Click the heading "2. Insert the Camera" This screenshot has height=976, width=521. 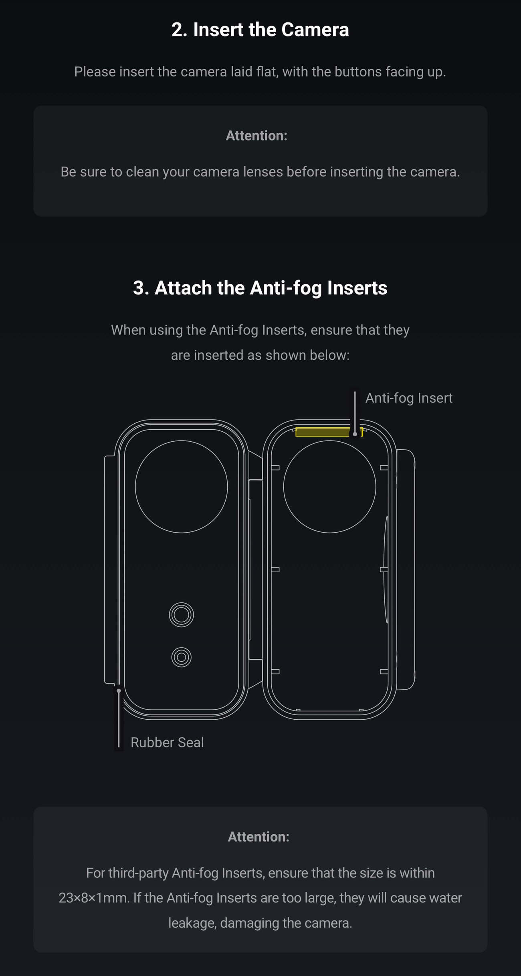pyautogui.click(x=260, y=30)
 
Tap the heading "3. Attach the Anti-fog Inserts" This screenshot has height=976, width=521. pyautogui.click(x=260, y=288)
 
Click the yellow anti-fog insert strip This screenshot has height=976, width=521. pyautogui.click(x=323, y=432)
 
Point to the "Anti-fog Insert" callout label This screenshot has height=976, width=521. pyautogui.click(x=408, y=398)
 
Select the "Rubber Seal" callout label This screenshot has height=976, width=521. pyautogui.click(x=167, y=743)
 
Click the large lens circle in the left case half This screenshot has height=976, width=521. pyautogui.click(x=181, y=487)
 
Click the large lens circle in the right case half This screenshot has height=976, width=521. pyautogui.click(x=329, y=487)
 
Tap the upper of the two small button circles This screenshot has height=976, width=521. pyautogui.click(x=181, y=614)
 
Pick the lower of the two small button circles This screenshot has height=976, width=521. pyautogui.click(x=181, y=657)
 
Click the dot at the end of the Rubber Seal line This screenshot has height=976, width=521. pyautogui.click(x=119, y=691)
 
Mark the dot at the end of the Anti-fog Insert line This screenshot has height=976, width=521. pyautogui.click(x=355, y=434)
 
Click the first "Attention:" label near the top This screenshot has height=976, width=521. pyautogui.click(x=256, y=136)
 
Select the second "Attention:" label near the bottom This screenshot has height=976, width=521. pyautogui.click(x=258, y=837)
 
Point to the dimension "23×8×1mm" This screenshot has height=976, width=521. pyautogui.click(x=94, y=898)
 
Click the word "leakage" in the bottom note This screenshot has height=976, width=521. pyautogui.click(x=192, y=923)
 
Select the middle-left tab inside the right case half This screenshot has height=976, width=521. pyautogui.click(x=275, y=570)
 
